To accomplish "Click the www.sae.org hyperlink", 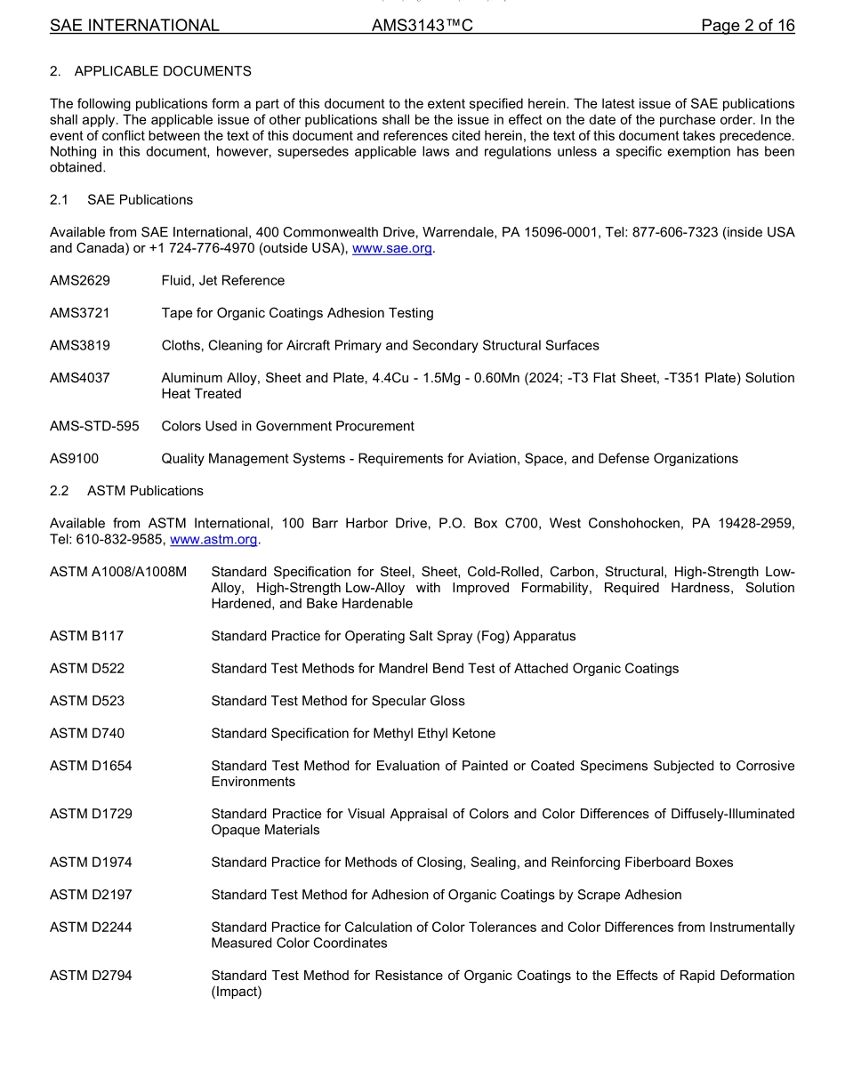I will pos(392,249).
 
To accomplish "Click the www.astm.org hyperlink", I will pos(213,540).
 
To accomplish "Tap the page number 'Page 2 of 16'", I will pos(747,26).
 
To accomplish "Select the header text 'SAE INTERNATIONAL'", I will pos(134,26).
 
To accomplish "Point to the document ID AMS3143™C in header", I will pos(422,26).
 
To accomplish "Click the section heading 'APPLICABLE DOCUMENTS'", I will pos(163,71).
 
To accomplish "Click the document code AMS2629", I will pos(80,281).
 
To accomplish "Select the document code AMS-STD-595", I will pos(94,427).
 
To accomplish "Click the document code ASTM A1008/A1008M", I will pos(118,572).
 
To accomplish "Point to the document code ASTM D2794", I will pos(91,977).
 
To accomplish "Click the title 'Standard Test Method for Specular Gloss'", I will pos(338,702).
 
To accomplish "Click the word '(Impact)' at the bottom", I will pos(237,993).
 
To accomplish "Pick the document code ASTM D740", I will pos(87,734).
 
